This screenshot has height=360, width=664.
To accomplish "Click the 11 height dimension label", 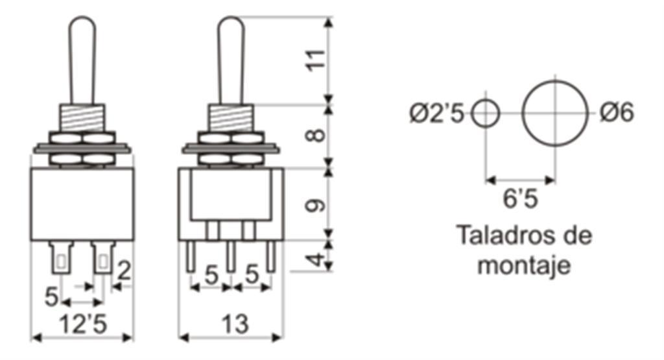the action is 316,60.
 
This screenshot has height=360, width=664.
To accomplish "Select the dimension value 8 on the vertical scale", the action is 316,135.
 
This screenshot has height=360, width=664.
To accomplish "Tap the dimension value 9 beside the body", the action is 316,205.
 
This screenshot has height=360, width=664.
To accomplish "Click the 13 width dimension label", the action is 235,324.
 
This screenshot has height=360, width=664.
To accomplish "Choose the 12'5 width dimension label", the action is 83,324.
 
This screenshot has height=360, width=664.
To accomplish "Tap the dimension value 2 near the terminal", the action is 124,271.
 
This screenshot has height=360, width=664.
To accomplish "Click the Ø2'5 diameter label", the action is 436,114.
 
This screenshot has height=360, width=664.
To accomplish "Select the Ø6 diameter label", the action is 617,113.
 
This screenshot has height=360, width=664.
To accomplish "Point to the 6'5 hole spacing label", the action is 521,198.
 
